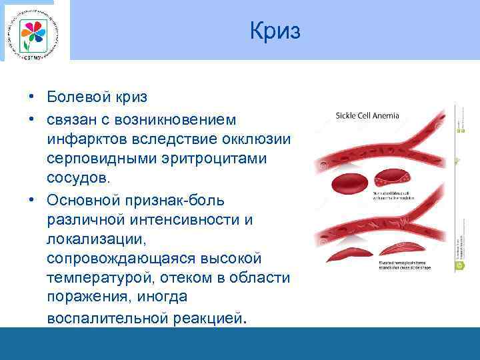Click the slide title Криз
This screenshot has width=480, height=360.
coord(275,31)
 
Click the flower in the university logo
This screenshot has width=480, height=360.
coord(31,31)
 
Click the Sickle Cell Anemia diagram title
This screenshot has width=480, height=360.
coord(367,115)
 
